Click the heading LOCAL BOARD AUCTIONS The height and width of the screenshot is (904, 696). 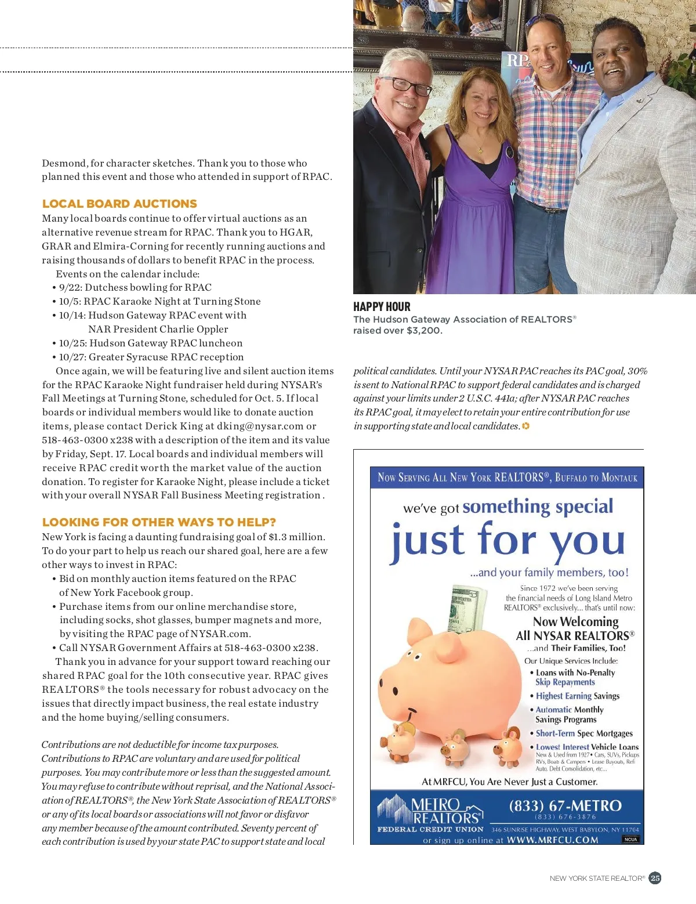click(119, 204)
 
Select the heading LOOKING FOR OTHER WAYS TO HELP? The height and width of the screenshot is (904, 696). click(159, 522)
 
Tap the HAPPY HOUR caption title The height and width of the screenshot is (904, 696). click(382, 307)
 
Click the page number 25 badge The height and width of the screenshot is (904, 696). click(655, 878)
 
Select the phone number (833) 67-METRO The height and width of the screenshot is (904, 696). click(565, 806)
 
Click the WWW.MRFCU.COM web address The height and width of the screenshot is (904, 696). click(552, 840)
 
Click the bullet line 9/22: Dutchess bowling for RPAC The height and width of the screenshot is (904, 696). click(135, 287)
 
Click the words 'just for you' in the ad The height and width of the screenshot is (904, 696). click(508, 541)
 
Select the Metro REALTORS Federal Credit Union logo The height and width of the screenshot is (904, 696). click(430, 813)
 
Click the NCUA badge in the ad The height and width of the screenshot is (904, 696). click(630, 839)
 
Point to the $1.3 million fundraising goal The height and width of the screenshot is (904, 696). click(296, 537)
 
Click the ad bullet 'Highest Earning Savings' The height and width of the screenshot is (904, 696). click(577, 696)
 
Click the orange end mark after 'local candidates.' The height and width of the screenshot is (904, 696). click(525, 426)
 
